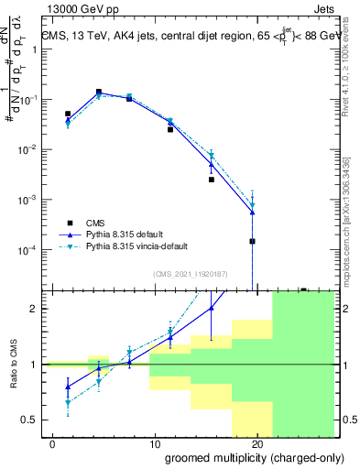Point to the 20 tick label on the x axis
pyautogui.click(x=256, y=444)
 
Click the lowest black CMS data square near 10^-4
pyautogui.click(x=252, y=242)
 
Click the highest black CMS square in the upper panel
pyautogui.click(x=98, y=92)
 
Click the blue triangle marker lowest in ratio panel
pyautogui.click(x=68, y=387)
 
